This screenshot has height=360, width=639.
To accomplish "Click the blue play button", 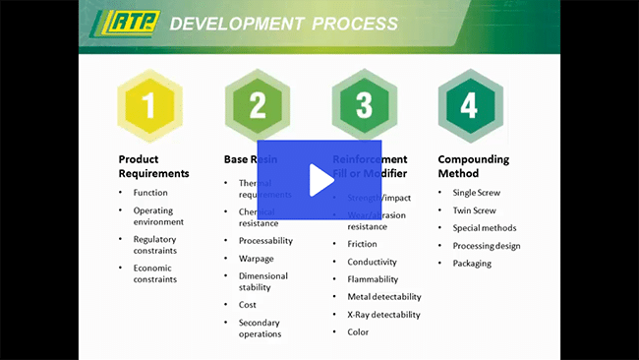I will tap(319, 180).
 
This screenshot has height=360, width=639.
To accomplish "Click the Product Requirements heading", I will tap(153, 166).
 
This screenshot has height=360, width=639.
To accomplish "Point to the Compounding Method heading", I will tap(473, 166).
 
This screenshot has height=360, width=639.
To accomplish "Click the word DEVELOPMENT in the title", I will tap(234, 23).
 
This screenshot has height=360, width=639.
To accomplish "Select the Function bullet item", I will tap(150, 193).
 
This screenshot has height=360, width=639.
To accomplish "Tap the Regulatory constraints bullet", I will tap(154, 244).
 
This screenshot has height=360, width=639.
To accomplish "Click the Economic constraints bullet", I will tap(154, 273).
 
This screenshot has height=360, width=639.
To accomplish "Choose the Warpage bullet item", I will tap(257, 258).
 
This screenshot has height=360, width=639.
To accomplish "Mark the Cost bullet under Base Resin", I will tap(248, 305).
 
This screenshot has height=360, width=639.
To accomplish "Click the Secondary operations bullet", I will tap(260, 328).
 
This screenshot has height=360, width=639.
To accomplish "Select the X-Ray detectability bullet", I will tap(383, 315).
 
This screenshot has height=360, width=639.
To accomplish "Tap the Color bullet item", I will tap(358, 332).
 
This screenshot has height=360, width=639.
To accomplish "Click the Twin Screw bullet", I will tap(475, 210).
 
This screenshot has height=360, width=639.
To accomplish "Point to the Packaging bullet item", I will tap(472, 264).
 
